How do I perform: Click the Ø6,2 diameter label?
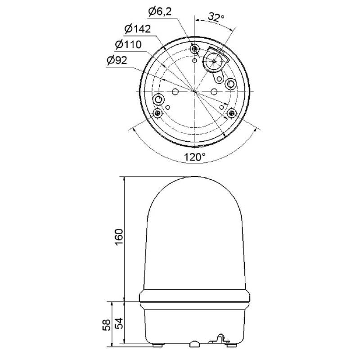(x=160, y=12)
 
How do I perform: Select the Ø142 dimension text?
(x=138, y=29)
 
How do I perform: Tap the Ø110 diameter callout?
(x=128, y=45)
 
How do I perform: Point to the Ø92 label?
(x=117, y=60)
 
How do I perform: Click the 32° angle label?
(x=216, y=17)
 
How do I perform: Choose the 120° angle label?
(x=195, y=157)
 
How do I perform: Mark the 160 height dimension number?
(x=119, y=237)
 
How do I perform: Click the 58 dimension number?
(x=107, y=325)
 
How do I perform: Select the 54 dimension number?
(x=119, y=323)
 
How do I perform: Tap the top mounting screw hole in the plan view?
(x=195, y=49)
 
